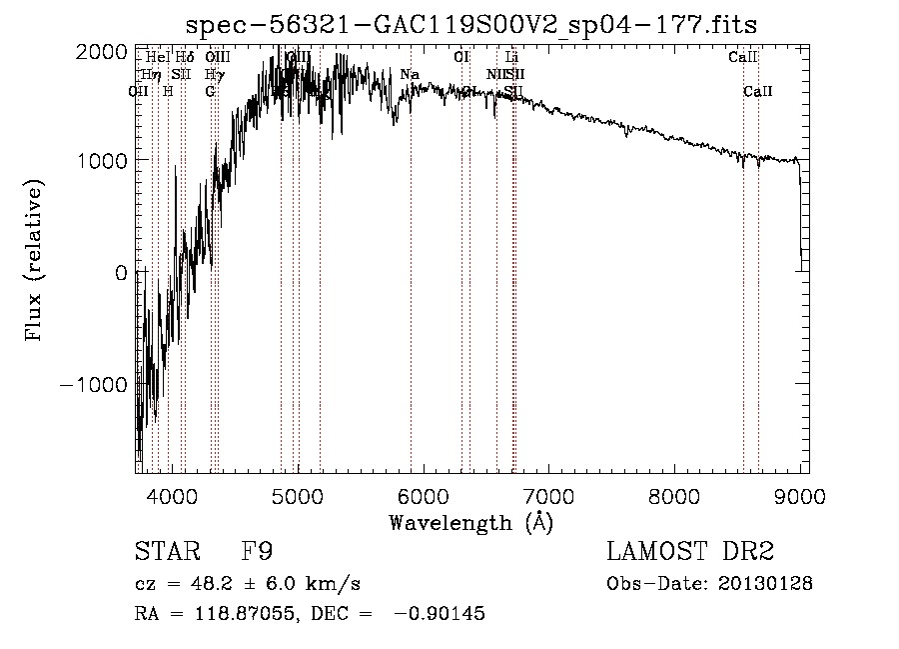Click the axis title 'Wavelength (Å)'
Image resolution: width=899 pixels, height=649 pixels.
tap(470, 522)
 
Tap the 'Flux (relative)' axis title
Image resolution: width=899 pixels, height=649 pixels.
tap(35, 262)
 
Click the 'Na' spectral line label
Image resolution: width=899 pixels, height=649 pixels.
tap(410, 74)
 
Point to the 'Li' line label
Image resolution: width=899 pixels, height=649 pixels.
tap(512, 57)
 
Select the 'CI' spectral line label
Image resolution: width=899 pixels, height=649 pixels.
tap(461, 57)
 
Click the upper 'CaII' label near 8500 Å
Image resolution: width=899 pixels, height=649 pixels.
tap(743, 57)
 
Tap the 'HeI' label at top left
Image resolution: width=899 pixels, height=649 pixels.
tap(157, 57)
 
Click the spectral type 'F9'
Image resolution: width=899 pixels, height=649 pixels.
tap(258, 552)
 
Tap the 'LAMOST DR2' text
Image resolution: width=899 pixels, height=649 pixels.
tap(690, 552)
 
